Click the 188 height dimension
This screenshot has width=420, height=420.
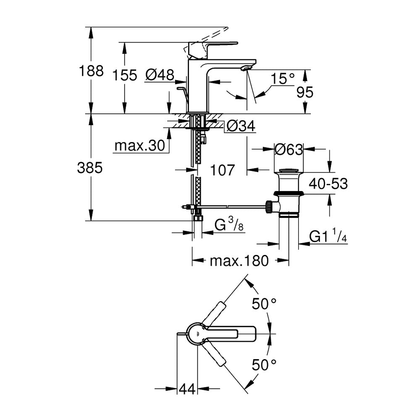click(91, 71)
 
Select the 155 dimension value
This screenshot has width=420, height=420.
click(125, 75)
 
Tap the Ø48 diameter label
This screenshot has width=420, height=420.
click(160, 75)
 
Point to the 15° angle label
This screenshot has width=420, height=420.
click(282, 79)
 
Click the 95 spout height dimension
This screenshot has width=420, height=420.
click(305, 92)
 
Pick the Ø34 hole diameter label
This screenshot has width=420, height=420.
click(241, 126)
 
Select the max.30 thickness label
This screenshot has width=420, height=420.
click(139, 146)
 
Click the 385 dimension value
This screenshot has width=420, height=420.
click(90, 168)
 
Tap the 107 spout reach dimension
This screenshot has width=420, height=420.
click(222, 171)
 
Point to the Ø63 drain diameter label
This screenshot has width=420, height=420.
click(289, 150)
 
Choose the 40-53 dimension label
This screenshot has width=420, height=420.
click(328, 184)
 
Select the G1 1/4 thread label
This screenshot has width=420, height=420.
click(328, 236)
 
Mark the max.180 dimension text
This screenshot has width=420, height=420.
click(239, 261)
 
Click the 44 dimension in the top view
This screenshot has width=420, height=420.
click(187, 389)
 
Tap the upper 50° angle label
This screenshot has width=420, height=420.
click(264, 304)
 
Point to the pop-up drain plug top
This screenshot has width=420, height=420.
click(289, 171)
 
